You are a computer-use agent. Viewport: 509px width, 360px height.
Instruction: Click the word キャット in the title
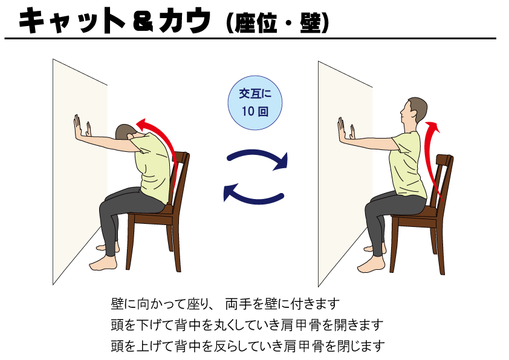click(x=72, y=21)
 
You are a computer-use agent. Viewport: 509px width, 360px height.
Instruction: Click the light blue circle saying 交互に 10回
click(x=255, y=103)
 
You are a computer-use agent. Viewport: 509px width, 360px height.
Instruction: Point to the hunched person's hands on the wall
click(x=82, y=126)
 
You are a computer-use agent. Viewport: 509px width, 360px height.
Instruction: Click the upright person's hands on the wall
click(x=346, y=130)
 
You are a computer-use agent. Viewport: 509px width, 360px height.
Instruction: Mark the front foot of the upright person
click(x=370, y=265)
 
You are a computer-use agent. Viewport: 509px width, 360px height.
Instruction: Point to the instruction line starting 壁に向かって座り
click(x=225, y=304)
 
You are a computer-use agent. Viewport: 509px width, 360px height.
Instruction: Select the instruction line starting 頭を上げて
click(x=248, y=346)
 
